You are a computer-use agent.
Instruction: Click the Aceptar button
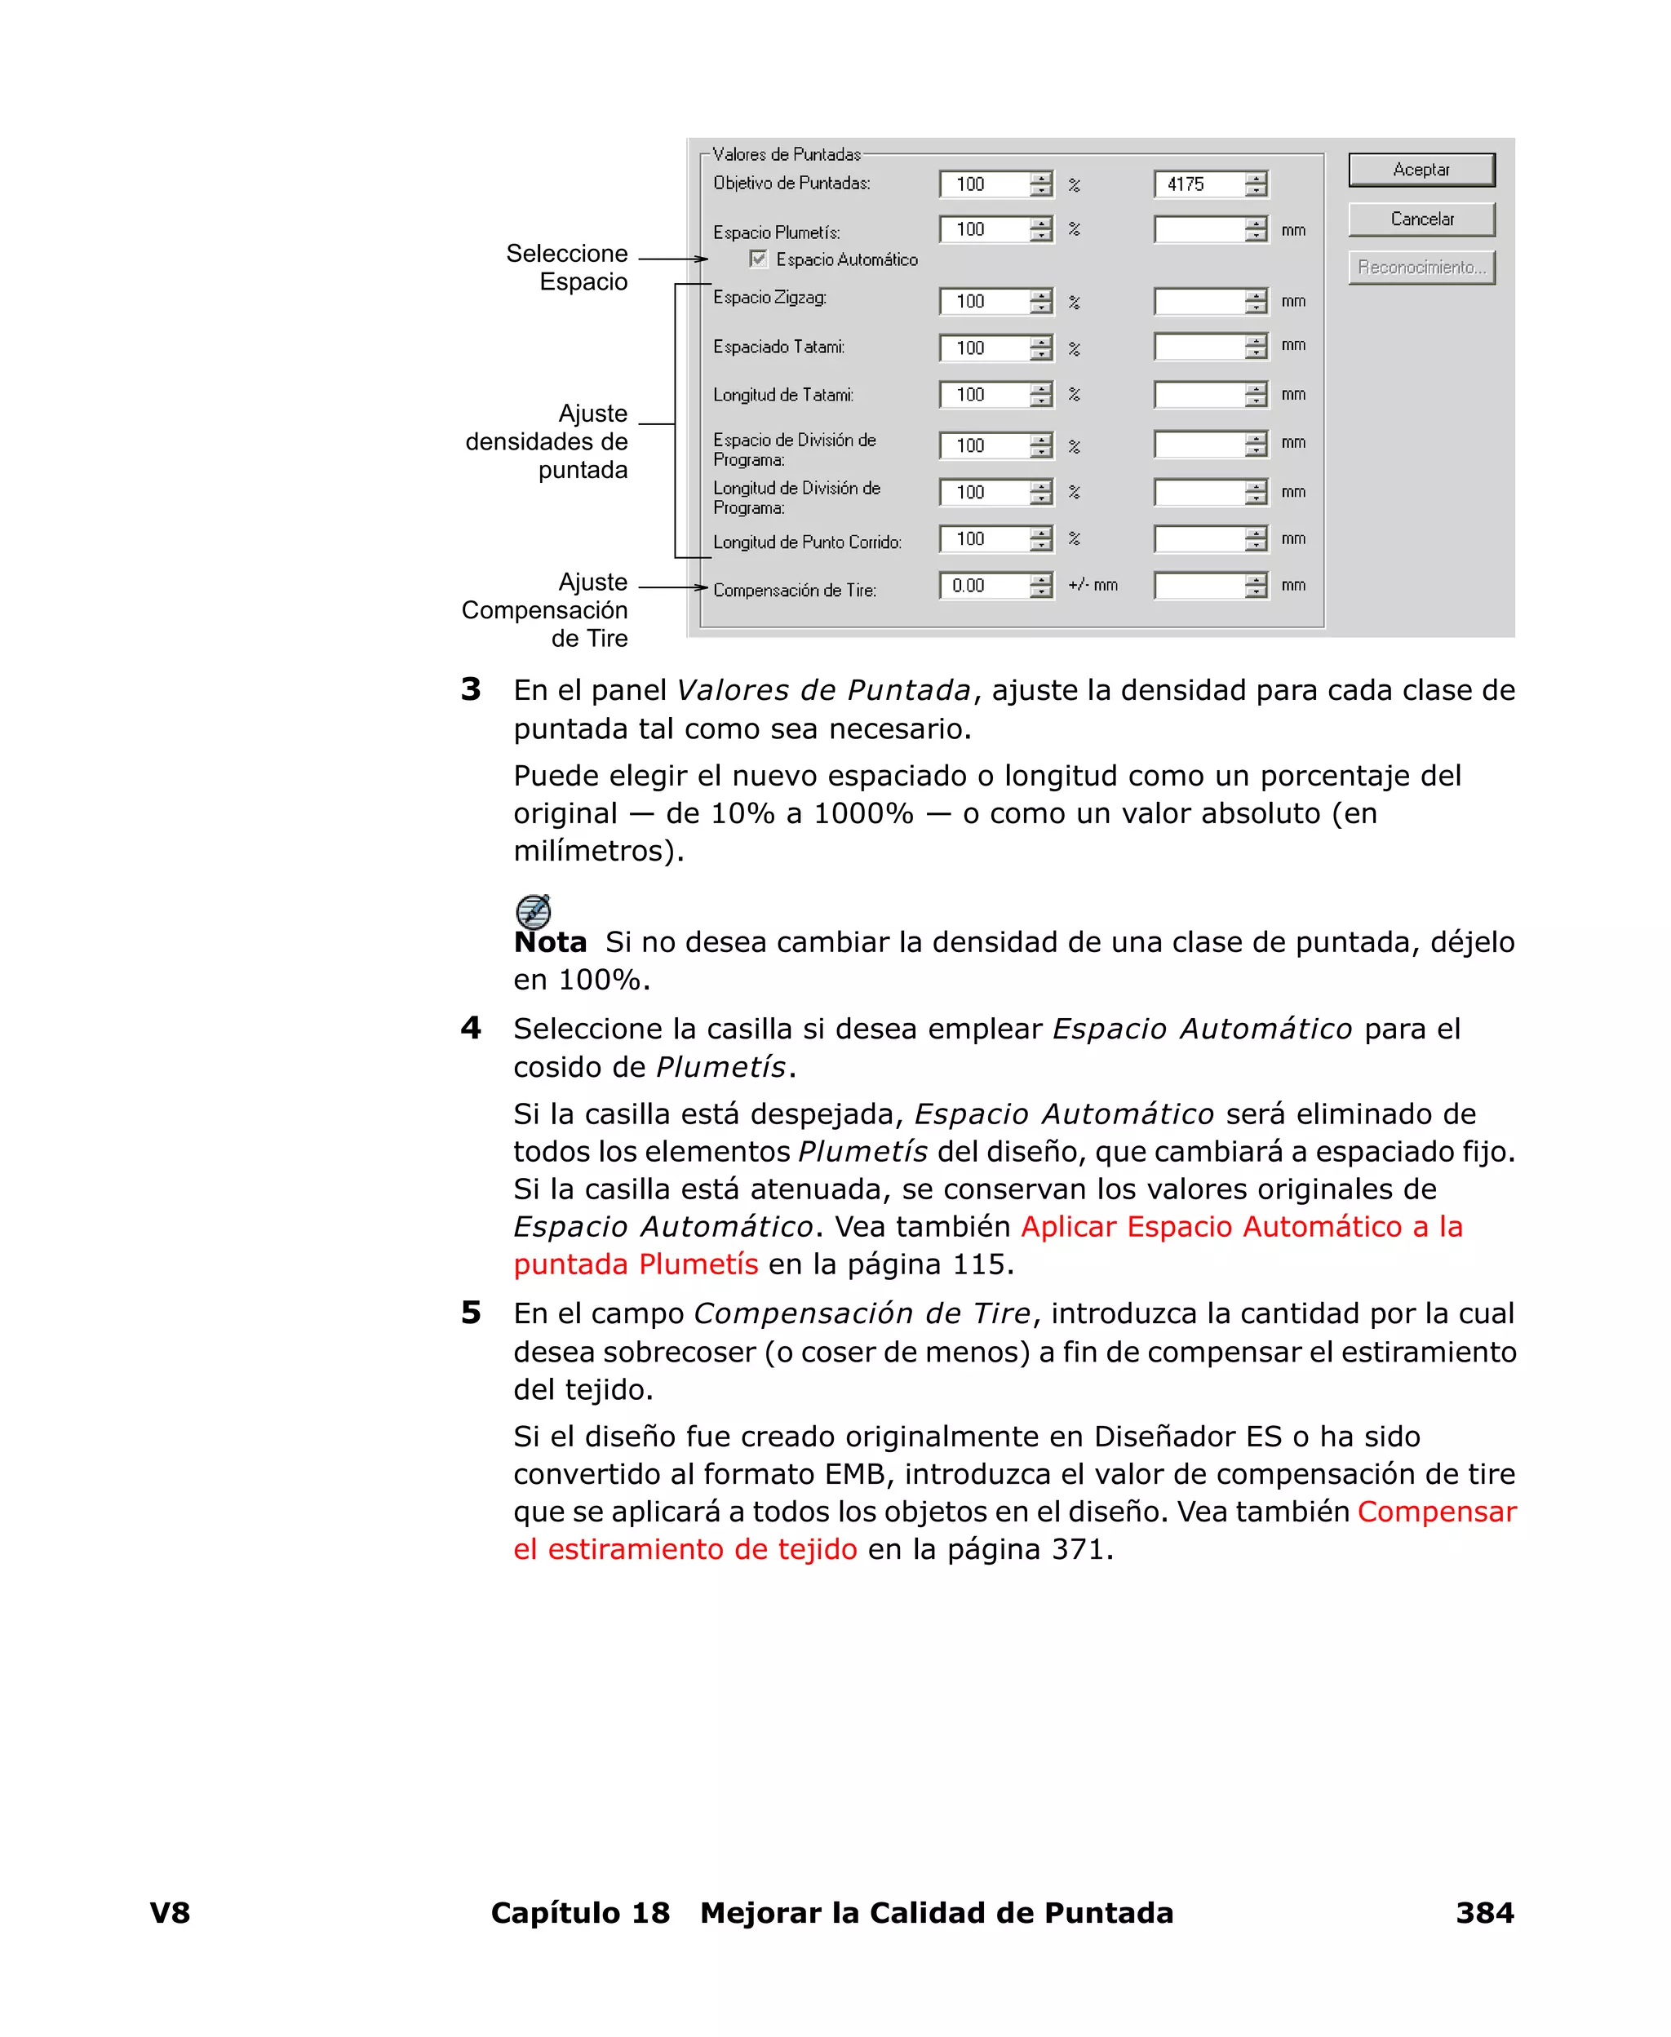1421,170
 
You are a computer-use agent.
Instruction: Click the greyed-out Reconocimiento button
1421,268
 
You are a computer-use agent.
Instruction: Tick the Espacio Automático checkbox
759,259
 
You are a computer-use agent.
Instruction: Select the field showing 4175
1199,184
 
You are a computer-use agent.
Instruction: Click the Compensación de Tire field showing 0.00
984,585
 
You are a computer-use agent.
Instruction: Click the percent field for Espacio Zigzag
984,301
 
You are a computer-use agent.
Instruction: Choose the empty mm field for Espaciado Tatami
1199,347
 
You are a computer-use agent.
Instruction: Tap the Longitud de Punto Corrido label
807,542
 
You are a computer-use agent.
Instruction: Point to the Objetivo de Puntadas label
791,183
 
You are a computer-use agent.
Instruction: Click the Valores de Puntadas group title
787,154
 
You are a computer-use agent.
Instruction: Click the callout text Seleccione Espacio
568,268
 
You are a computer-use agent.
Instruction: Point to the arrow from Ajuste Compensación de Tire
674,587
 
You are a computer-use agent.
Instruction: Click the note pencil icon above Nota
534,910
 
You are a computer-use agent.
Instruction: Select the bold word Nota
550,942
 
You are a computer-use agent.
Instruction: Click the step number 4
471,1028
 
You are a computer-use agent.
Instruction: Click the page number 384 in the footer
1483,1913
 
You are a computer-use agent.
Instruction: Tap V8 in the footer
170,1913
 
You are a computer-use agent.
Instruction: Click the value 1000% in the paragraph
862,813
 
